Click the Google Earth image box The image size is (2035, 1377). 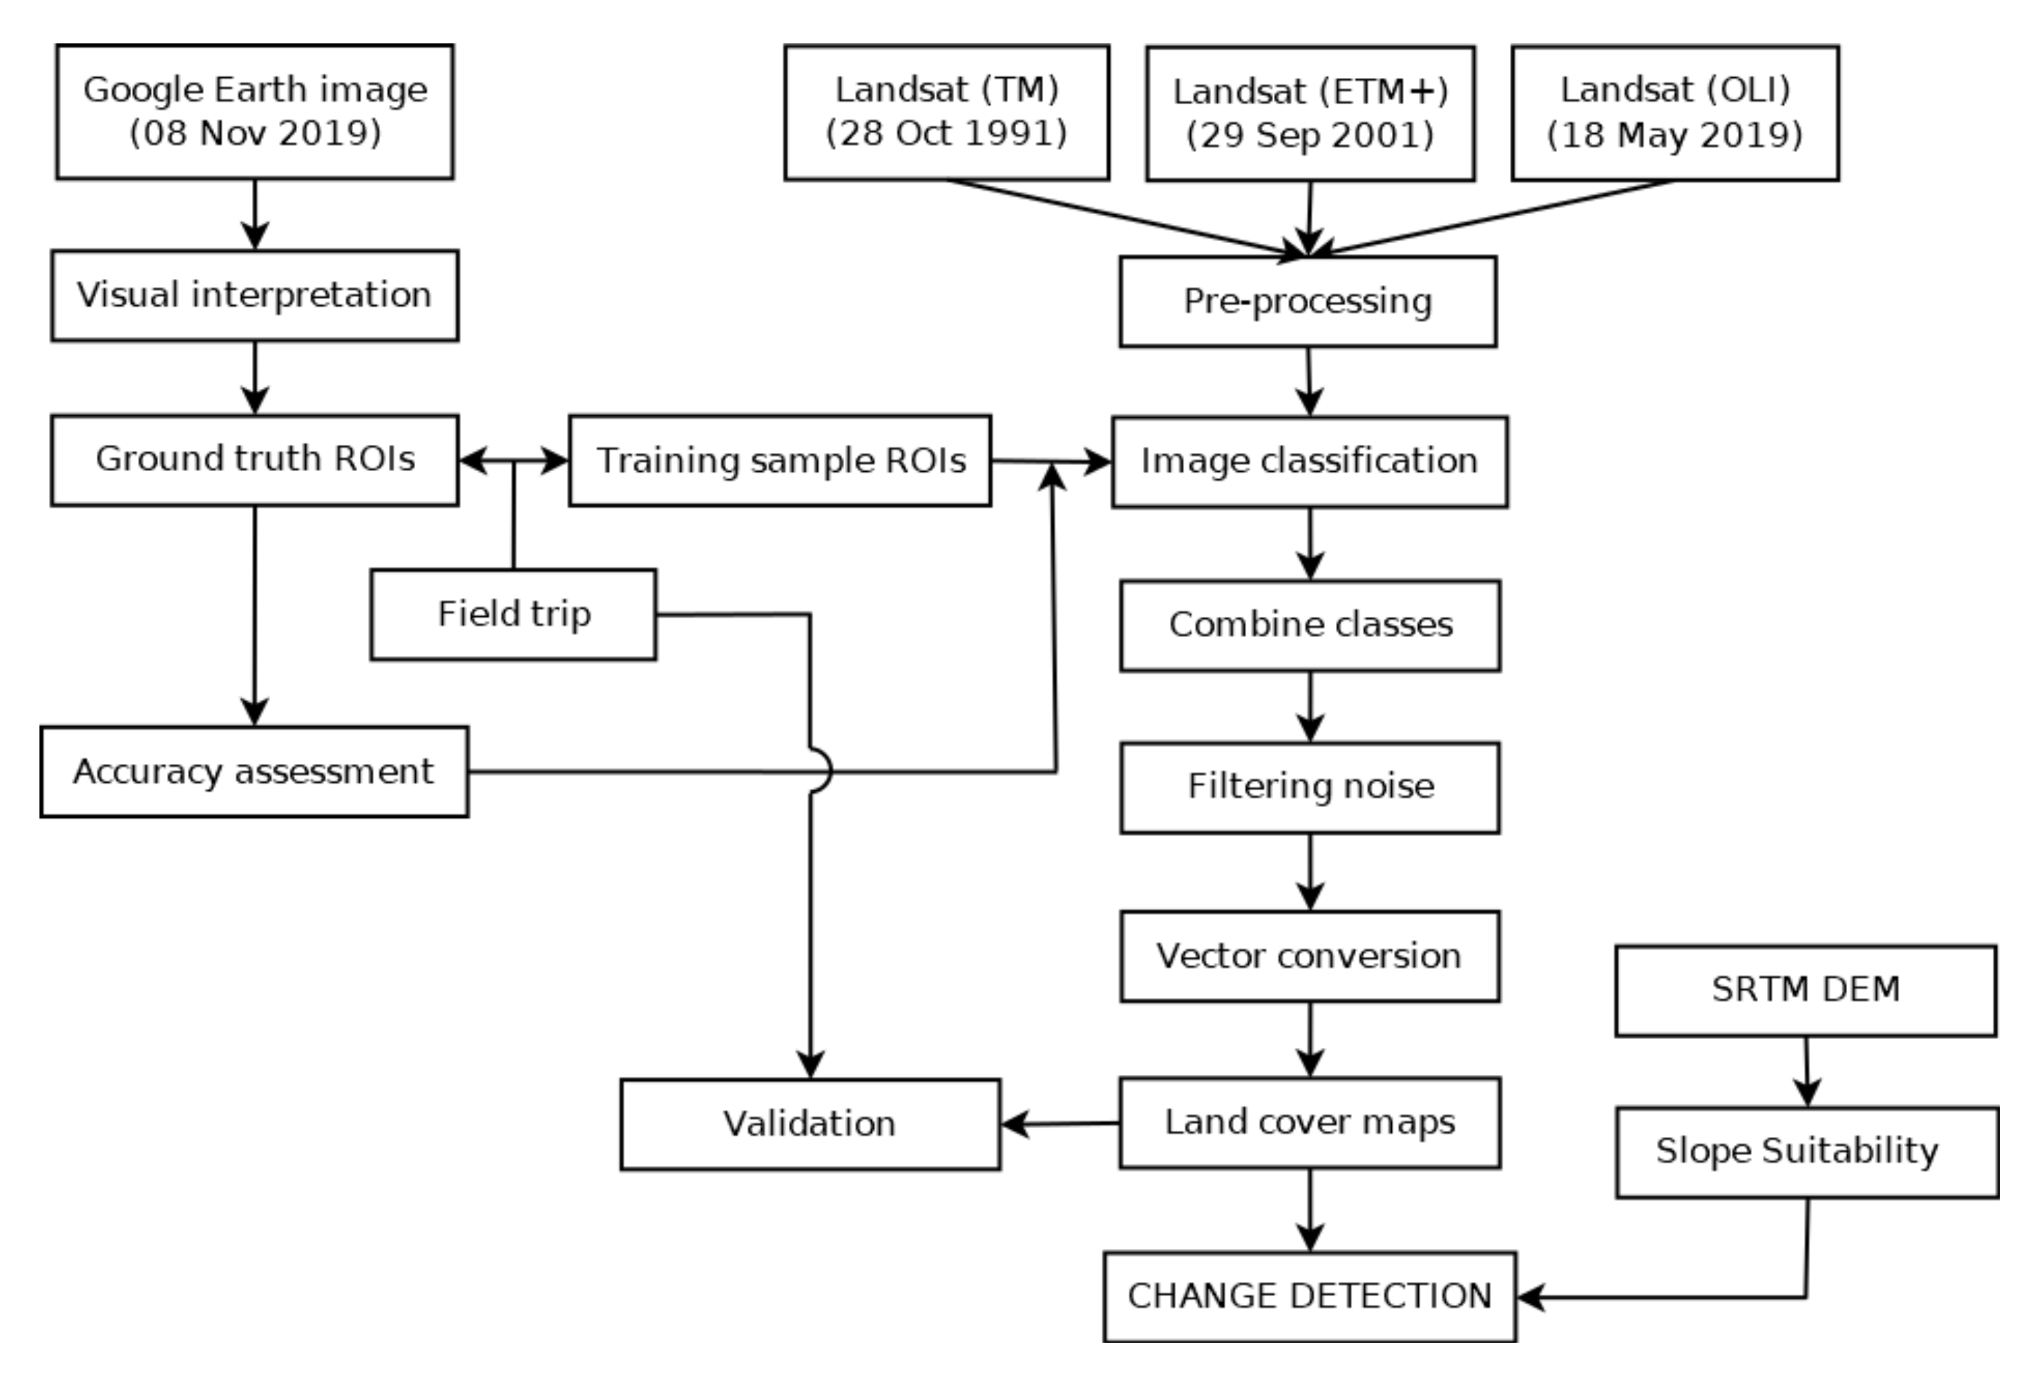coord(255,112)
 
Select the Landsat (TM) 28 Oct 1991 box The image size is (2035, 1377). coord(947,112)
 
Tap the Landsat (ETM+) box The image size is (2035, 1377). coord(1310,114)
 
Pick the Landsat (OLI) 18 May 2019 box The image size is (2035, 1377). coord(1674,114)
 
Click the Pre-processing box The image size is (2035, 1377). coord(1307,302)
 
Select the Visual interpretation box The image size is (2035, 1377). coord(255,295)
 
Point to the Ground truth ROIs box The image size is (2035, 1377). coord(255,460)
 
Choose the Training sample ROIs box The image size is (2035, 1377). coord(780,460)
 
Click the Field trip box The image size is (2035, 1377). coord(513,614)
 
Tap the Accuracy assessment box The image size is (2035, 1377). coord(254,771)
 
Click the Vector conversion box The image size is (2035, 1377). coord(1310,955)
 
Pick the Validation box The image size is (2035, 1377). coord(810,1124)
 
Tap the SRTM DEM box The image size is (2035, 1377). coord(1806,990)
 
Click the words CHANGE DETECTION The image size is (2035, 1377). coord(1309,1295)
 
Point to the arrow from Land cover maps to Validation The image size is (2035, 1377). coord(1060,1123)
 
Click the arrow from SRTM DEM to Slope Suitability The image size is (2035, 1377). coord(1806,1072)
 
